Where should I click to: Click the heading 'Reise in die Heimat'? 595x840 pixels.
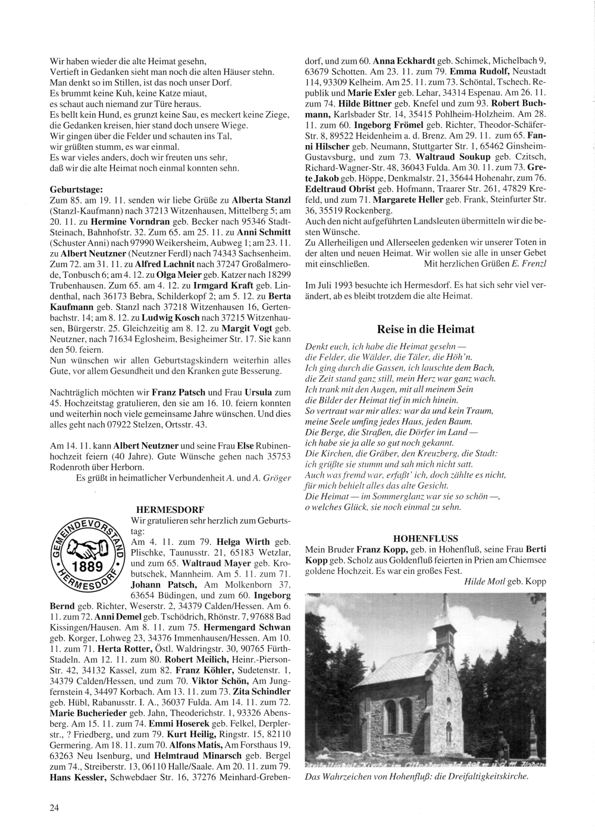[425, 329]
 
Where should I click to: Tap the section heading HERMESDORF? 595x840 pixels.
[170, 510]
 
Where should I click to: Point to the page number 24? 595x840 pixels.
[54, 807]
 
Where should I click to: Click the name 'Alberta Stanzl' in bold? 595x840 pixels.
[261, 199]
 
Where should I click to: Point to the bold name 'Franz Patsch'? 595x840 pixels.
[178, 393]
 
